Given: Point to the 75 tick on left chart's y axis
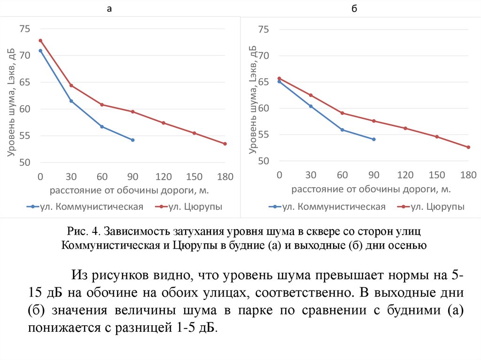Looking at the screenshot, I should point(24,29).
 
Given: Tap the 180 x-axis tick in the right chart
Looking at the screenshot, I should point(468,175).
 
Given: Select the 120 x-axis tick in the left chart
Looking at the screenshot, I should point(163,177).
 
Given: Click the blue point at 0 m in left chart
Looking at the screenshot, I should point(40,51).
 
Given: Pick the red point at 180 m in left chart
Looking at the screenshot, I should point(225,144).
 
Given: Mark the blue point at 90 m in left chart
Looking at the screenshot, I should point(133,140).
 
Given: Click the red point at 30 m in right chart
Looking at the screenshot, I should point(310,95).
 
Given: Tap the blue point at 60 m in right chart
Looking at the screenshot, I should point(342,130).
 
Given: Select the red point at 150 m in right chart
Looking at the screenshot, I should point(437,137).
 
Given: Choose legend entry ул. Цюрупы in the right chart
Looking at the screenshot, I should point(437,207).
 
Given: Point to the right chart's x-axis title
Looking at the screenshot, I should point(371,189).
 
